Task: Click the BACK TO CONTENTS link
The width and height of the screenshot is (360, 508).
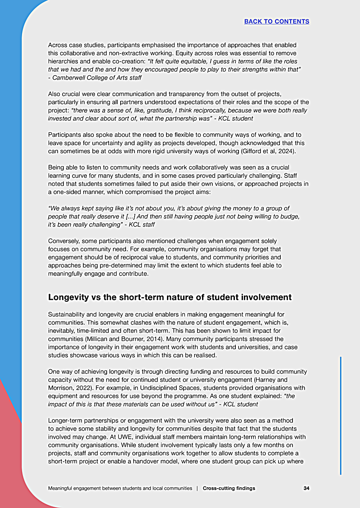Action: pyautogui.click(x=276, y=21)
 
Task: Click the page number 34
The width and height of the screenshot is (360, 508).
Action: pyautogui.click(x=306, y=488)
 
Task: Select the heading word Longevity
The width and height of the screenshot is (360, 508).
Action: pyautogui.click(x=69, y=297)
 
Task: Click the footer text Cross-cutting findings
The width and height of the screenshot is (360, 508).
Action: pyautogui.click(x=229, y=488)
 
